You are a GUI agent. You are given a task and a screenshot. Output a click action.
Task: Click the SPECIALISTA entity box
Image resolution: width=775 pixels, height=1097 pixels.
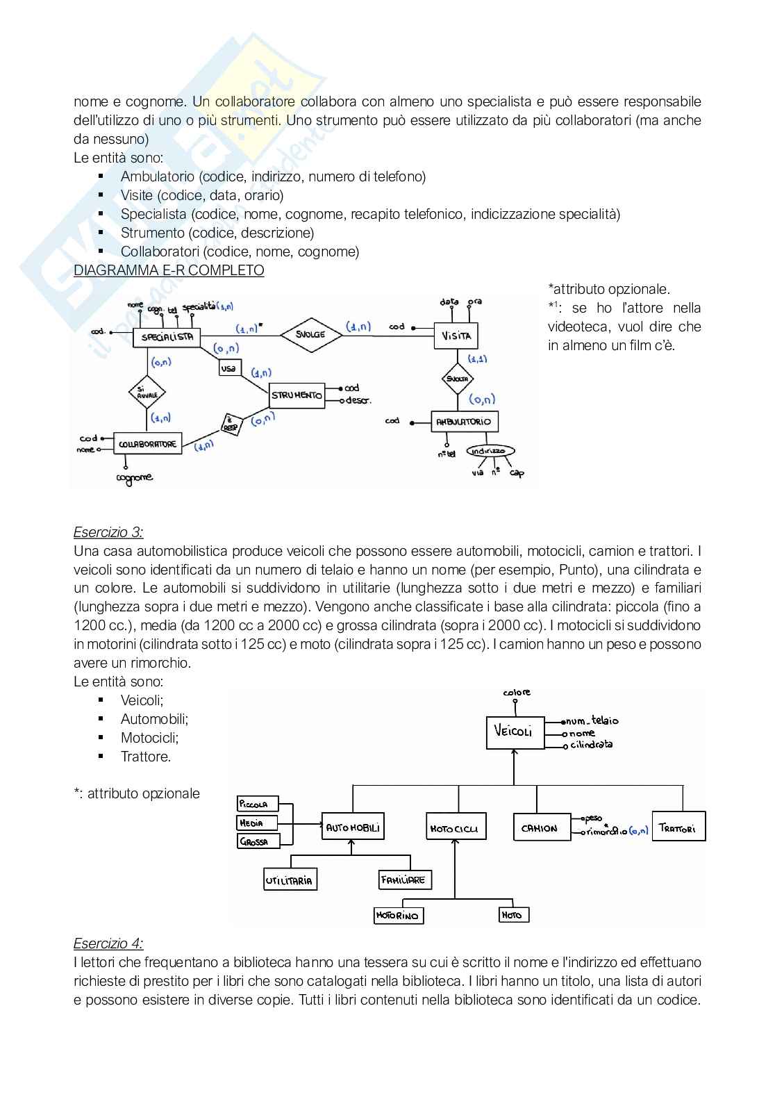(167, 338)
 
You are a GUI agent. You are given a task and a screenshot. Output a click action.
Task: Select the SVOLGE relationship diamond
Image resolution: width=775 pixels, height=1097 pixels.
(311, 334)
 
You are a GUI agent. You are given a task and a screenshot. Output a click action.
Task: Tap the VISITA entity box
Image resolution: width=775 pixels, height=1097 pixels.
(456, 336)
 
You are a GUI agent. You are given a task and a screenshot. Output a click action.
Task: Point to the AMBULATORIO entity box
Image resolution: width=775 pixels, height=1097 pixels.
(463, 422)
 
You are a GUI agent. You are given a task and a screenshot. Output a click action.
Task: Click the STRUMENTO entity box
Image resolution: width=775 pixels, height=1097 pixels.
(297, 395)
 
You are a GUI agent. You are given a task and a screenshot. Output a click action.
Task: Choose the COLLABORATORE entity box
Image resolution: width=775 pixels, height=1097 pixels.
(147, 444)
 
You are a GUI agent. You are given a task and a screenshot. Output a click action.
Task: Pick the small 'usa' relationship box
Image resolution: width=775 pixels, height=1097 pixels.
(228, 369)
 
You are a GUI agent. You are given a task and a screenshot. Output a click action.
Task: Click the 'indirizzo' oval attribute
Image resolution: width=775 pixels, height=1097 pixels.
(490, 451)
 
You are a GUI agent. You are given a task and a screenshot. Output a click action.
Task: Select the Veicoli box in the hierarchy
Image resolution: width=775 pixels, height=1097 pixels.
(515, 732)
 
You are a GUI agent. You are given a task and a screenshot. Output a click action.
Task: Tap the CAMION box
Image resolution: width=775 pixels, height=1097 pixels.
(540, 827)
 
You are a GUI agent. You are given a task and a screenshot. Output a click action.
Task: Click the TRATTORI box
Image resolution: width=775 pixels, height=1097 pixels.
(678, 827)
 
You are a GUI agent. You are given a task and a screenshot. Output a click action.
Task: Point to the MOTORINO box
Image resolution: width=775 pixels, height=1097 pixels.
(398, 916)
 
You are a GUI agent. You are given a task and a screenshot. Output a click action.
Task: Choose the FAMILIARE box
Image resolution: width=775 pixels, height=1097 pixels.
(403, 880)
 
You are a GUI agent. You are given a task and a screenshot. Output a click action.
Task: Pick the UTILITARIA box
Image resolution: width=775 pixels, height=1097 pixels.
(290, 880)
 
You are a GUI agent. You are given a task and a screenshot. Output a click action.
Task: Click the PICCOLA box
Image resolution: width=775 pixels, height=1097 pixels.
(256, 804)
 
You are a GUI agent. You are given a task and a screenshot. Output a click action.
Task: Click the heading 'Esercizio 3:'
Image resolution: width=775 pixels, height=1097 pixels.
(108, 532)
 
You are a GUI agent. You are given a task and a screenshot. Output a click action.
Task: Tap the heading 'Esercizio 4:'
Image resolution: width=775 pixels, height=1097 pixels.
(108, 943)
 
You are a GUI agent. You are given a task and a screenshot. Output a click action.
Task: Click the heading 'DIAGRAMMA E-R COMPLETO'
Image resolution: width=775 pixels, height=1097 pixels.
(169, 270)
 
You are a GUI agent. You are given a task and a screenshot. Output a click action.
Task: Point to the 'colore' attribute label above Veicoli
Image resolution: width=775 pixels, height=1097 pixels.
(517, 692)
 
